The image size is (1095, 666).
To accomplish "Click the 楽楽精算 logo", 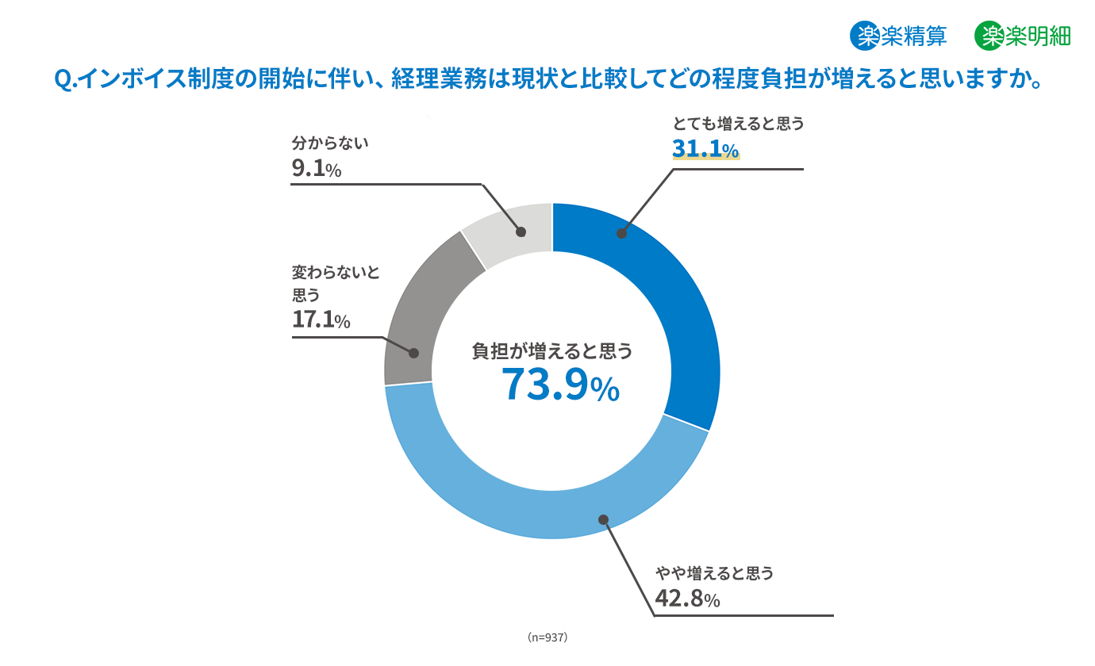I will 898,36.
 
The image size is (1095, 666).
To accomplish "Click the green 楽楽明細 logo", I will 1023,36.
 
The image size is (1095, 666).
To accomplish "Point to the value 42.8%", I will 687,599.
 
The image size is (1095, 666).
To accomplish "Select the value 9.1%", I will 316,168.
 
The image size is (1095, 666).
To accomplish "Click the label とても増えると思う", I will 738,124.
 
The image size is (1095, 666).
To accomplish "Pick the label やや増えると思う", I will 714,572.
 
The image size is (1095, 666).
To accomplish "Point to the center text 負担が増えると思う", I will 552,351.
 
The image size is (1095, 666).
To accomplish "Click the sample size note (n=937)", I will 547,637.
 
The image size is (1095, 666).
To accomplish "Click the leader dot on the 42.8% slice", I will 603,520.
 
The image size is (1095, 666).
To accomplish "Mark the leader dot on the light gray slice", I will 521,232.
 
